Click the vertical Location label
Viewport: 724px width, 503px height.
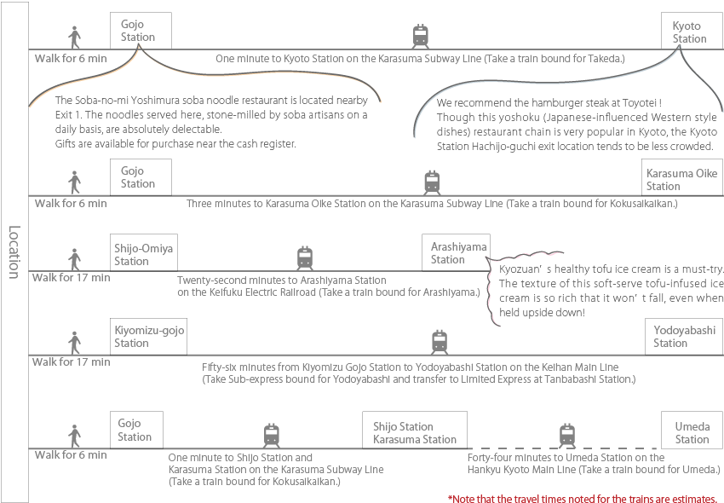click(x=14, y=252)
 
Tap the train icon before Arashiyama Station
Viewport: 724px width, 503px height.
click(x=305, y=258)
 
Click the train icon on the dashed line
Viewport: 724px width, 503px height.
click(x=567, y=436)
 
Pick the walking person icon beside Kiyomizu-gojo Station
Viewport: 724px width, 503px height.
click(x=74, y=343)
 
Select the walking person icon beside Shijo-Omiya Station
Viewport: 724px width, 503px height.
click(x=74, y=259)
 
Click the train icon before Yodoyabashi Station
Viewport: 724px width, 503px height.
click(x=440, y=342)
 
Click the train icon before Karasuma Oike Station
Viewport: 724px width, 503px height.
click(x=432, y=182)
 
